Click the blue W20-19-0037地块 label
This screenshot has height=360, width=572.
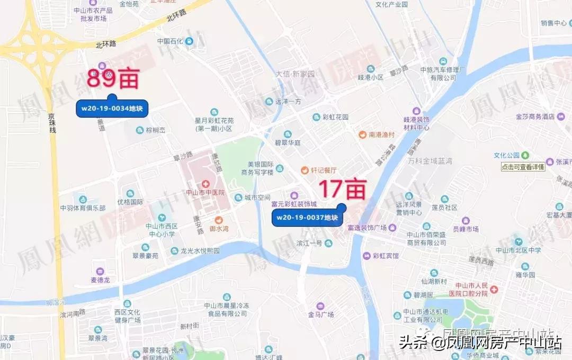(x=307, y=218)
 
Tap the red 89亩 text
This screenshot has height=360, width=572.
(x=112, y=80)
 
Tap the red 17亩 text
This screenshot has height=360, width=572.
(x=342, y=188)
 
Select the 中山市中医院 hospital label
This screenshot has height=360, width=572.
(x=205, y=192)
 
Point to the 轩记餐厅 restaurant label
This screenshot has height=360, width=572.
(x=323, y=170)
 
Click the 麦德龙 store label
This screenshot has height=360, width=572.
(x=99, y=280)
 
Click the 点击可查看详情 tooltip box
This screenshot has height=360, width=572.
(x=523, y=167)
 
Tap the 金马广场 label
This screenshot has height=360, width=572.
(x=321, y=314)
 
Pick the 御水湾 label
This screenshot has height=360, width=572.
(x=218, y=229)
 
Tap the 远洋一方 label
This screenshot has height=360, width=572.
(x=288, y=102)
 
